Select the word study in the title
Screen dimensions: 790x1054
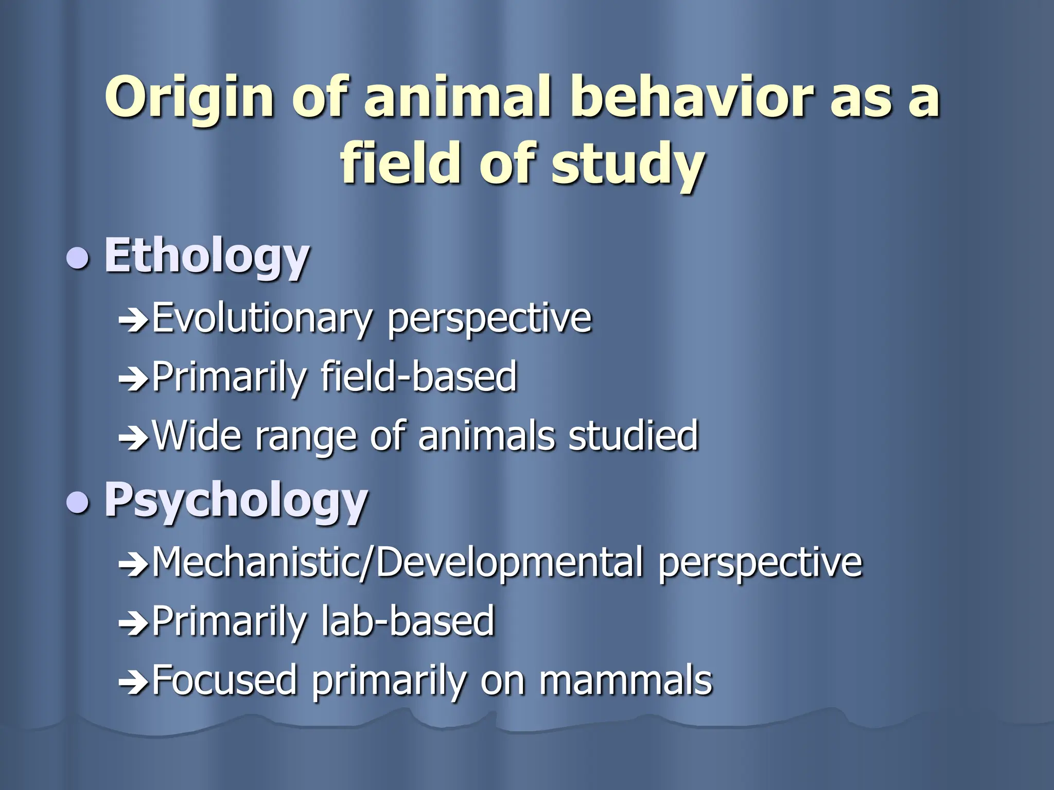click(627, 164)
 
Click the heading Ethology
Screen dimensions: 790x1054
click(207, 256)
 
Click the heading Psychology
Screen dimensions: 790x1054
click(236, 500)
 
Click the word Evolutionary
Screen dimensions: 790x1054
click(261, 319)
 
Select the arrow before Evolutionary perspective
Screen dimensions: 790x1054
click(133, 321)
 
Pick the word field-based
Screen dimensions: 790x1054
click(418, 377)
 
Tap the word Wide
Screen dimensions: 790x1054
click(197, 436)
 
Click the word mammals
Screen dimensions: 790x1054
click(625, 680)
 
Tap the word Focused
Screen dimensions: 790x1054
click(225, 680)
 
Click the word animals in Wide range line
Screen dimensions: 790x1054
click(486, 436)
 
